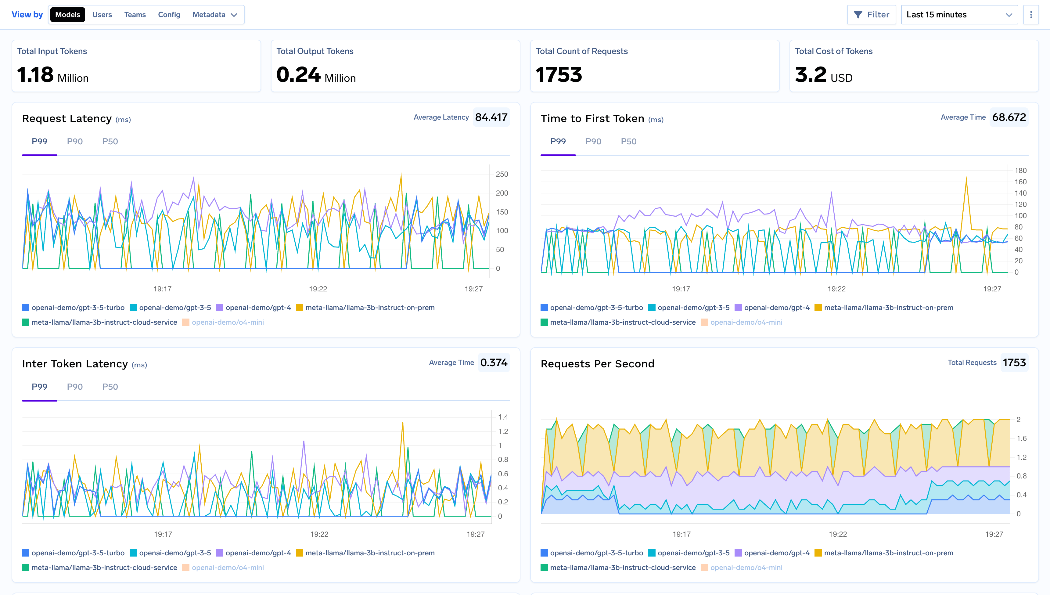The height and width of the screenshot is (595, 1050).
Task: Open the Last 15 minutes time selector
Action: point(958,15)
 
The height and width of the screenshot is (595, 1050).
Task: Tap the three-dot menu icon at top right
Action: point(1031,15)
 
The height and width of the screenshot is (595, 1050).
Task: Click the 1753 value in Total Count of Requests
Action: point(559,75)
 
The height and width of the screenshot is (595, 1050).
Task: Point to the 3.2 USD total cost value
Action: point(823,75)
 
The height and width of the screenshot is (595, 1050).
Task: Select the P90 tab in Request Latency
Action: point(75,141)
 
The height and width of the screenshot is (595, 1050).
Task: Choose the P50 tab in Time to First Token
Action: point(628,141)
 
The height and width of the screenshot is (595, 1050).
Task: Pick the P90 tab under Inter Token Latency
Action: point(75,387)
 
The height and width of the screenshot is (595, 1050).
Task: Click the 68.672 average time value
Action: point(1009,117)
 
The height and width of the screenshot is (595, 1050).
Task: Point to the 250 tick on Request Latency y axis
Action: point(502,174)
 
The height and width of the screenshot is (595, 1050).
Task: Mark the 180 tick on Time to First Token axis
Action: point(1020,170)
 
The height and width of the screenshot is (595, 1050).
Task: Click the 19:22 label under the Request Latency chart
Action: point(318,289)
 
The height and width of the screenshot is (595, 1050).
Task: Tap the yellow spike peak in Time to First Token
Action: point(966,177)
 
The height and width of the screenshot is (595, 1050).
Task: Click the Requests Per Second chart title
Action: point(597,364)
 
